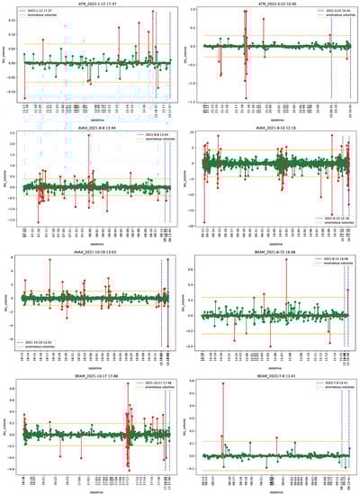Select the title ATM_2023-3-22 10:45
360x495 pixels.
pos(276,4)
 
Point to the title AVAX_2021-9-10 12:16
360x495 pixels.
pos(276,128)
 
